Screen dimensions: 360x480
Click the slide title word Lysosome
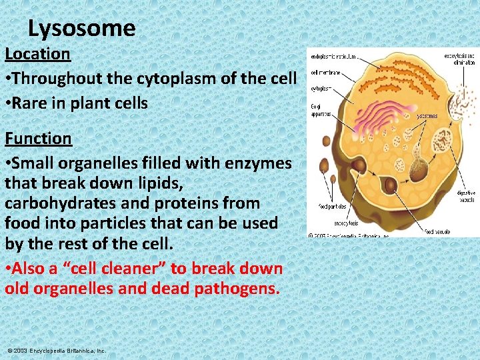tap(82, 28)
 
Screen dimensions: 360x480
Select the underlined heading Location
tap(37, 53)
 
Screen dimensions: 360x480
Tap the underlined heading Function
tap(38, 138)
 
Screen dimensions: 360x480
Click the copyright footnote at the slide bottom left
tap(57, 350)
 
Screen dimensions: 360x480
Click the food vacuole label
tap(437, 231)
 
